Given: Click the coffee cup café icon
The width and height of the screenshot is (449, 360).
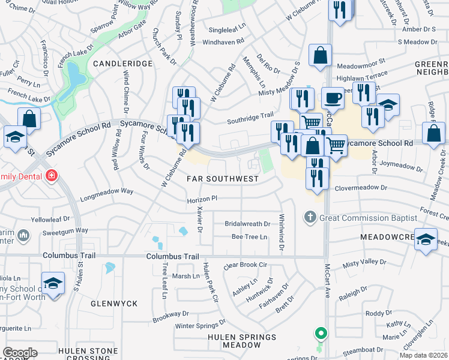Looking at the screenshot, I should [x=333, y=98].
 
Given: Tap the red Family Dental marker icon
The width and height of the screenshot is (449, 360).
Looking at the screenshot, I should [x=52, y=176].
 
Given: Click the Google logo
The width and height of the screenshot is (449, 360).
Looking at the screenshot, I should [x=20, y=352].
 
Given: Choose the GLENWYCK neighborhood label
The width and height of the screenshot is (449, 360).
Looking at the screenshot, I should [x=114, y=304].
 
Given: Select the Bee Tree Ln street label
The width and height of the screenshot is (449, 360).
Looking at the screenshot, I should [x=249, y=237].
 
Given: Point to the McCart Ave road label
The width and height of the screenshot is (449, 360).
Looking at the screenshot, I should [x=328, y=288].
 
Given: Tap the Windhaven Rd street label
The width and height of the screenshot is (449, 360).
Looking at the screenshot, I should [x=223, y=42].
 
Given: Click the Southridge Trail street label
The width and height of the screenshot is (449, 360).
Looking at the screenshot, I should [x=250, y=120].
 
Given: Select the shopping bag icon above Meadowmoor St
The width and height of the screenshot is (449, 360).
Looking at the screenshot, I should [x=321, y=55].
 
